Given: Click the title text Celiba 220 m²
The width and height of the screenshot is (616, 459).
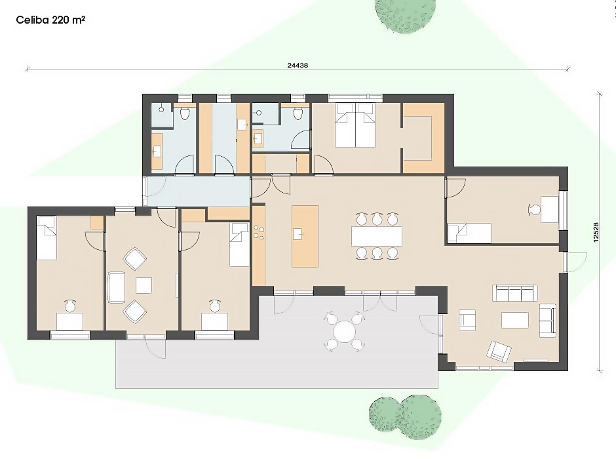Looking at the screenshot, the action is point(50,20).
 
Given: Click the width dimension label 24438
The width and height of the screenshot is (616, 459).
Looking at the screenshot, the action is point(298,65).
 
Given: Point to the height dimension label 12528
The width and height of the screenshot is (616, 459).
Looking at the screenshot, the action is point(596,232).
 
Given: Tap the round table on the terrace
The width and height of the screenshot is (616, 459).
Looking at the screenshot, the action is point(345,331).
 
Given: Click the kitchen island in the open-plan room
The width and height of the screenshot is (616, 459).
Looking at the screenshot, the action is point(305,236).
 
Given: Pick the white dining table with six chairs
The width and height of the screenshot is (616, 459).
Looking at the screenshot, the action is point(377,236).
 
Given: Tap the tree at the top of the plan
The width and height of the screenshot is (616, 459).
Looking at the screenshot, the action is point(404,15).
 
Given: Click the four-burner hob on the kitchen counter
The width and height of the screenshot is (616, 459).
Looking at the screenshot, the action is point(259,231).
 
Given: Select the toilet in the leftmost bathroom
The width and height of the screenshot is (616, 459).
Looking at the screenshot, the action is point(185,113).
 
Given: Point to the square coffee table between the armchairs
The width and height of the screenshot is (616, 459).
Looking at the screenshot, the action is point(144,286).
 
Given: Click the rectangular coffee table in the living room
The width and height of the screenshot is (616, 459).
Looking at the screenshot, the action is point(514,320).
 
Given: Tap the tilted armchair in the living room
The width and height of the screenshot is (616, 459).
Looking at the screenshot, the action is point(499,351).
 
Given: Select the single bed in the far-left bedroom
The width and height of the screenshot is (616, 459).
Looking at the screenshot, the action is point(47,237).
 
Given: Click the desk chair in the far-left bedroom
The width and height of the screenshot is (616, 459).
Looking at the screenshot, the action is point(70,306).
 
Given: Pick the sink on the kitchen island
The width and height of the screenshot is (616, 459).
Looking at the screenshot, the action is point(298,234).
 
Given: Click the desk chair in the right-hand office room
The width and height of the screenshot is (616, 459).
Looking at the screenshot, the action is point(534,210).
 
